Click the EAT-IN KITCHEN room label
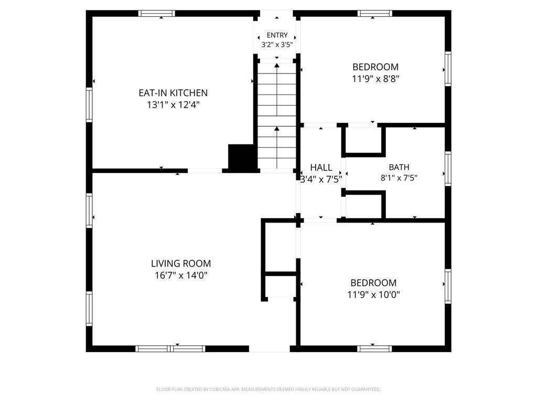173,93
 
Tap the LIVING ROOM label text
181,263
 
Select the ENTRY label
277,35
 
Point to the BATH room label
399,167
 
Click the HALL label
321,167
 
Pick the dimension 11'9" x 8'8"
375,79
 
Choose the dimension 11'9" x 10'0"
373,295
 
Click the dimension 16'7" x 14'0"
181,275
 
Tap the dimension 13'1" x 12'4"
173,104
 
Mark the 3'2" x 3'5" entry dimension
277,45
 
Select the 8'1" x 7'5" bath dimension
399,178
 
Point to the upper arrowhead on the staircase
277,65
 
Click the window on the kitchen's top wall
156,13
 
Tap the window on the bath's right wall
448,168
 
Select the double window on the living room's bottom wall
170,349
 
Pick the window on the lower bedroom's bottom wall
374,349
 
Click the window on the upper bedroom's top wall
375,13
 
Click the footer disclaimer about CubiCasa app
268,389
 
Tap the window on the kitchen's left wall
89,105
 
